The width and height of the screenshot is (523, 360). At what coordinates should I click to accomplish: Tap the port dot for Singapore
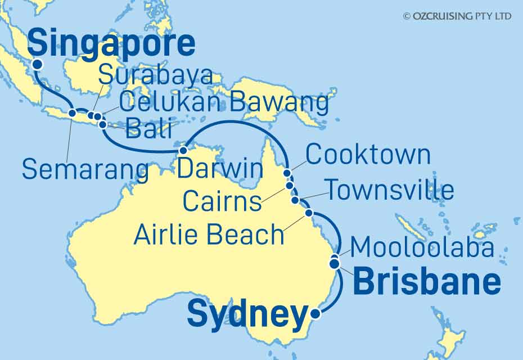37,64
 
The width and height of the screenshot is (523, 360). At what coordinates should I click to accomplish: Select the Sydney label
247,315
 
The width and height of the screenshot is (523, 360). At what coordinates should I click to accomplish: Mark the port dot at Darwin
182,151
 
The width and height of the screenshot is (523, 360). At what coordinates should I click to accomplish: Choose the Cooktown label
368,155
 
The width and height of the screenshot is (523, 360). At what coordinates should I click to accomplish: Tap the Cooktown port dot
287,173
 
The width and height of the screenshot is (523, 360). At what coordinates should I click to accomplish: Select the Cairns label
223,201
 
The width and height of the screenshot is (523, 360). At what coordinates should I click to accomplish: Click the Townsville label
390,191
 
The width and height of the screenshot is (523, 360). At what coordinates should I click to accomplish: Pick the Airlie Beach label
209,234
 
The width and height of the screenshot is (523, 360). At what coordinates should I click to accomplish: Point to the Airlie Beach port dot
308,213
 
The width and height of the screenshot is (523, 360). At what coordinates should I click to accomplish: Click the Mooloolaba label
422,247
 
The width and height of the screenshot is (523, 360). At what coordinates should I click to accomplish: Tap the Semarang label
85,169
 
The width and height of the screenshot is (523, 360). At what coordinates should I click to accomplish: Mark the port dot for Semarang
73,113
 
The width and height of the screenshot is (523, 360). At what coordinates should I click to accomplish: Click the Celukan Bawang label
224,102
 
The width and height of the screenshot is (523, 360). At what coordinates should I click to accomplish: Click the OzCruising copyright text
457,16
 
